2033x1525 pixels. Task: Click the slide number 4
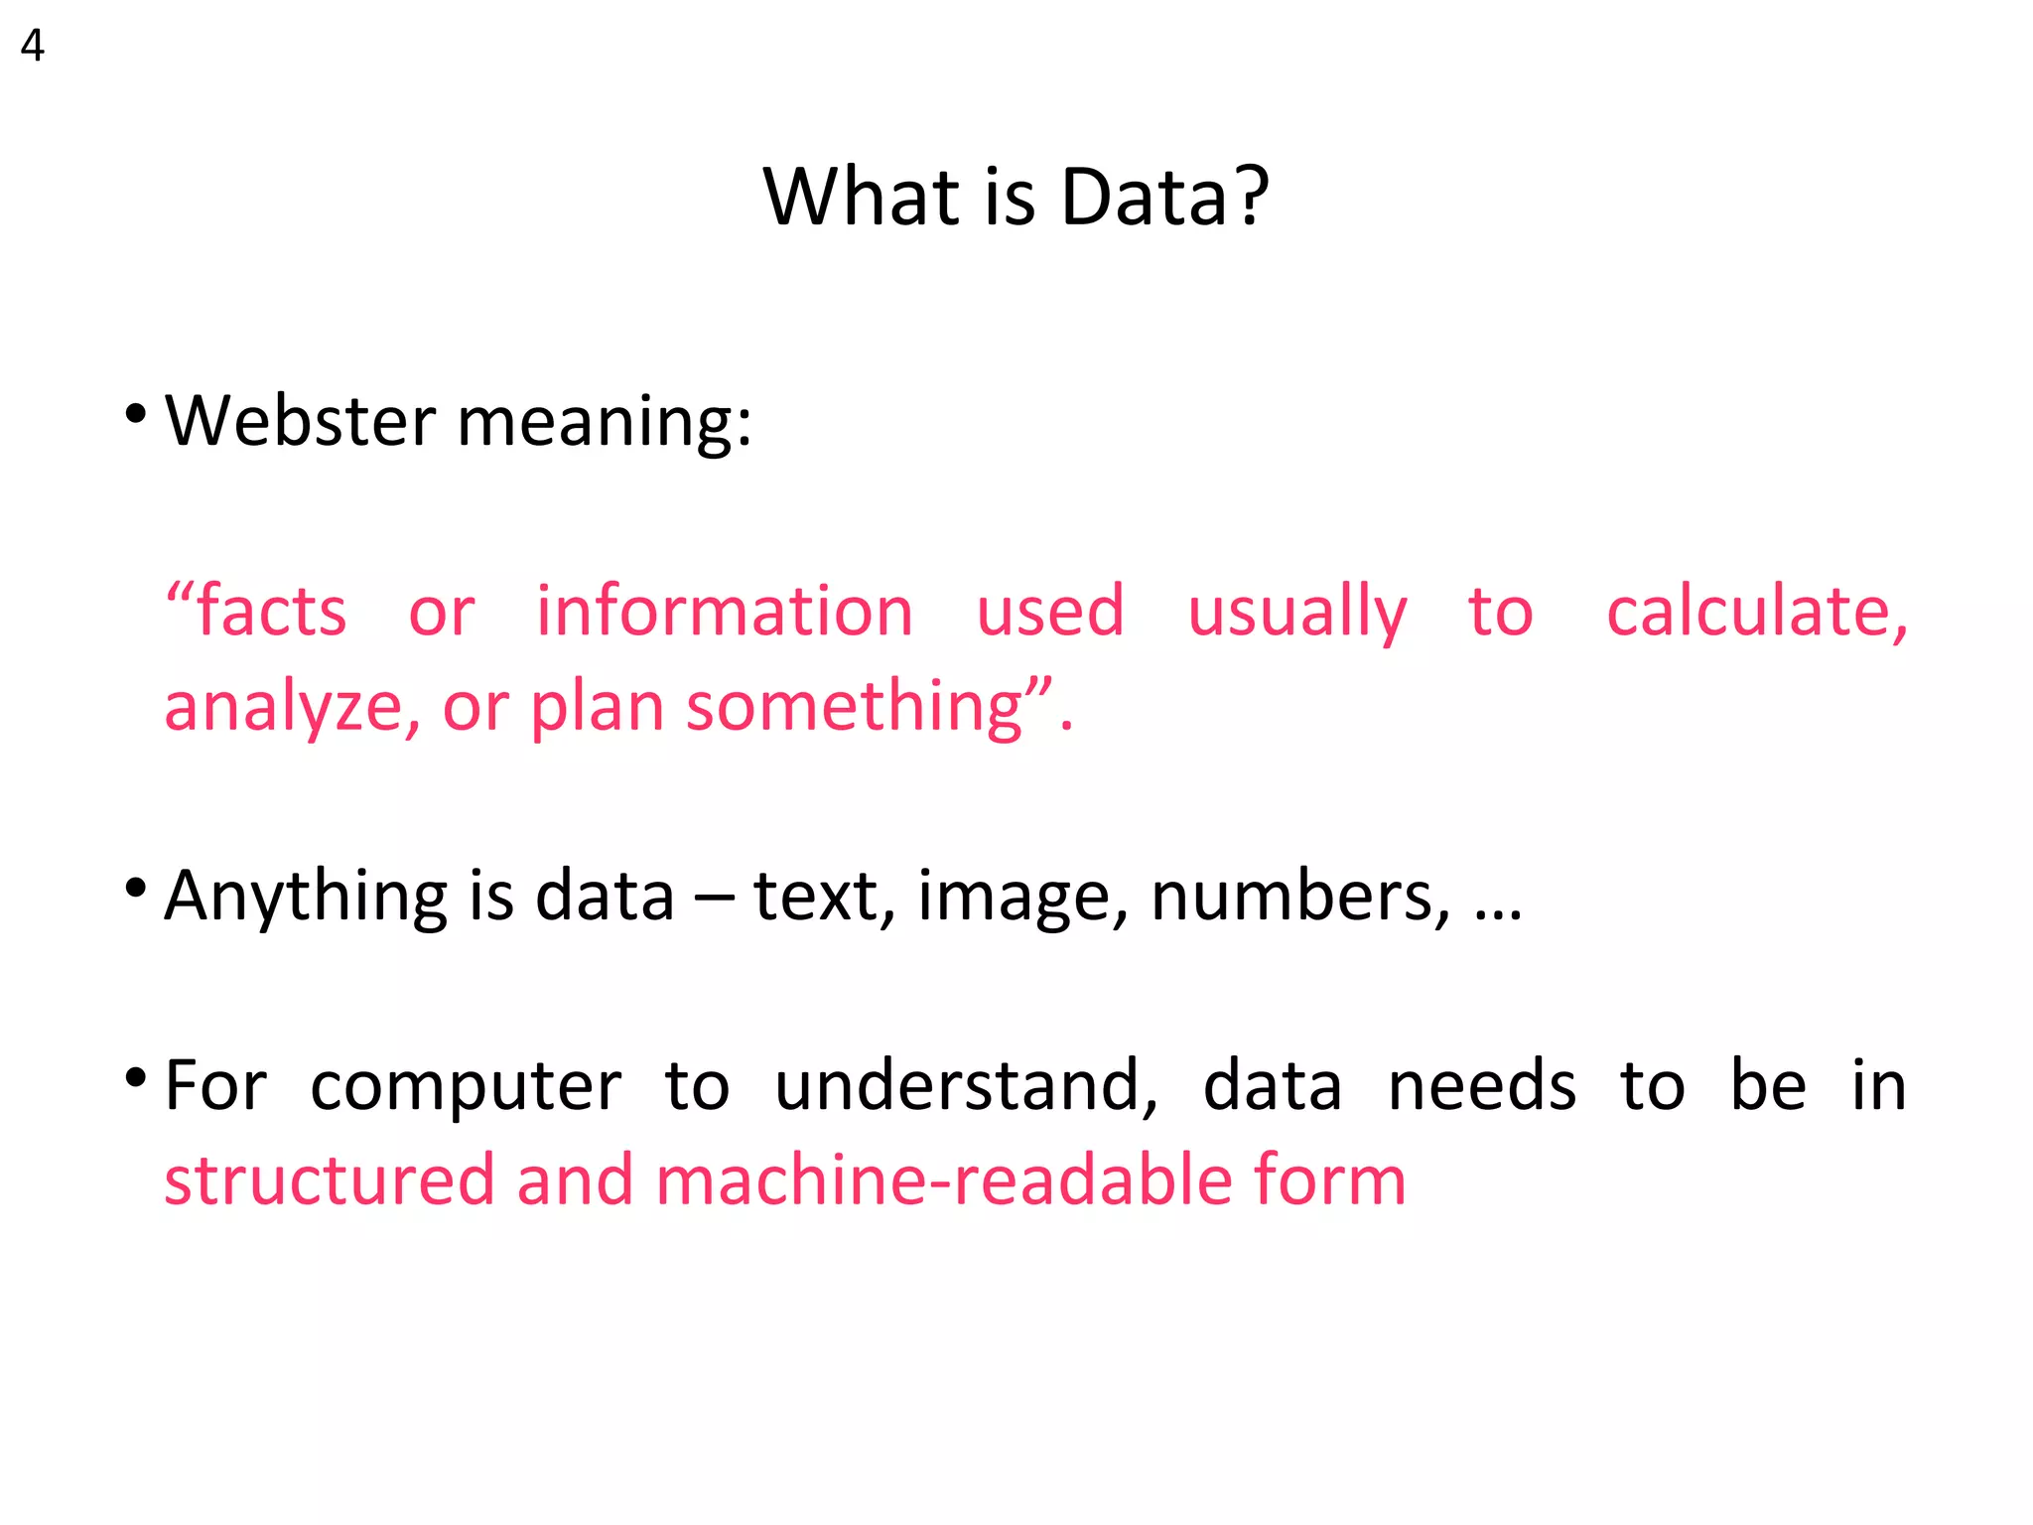[32, 47]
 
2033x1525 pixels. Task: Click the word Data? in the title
[1164, 197]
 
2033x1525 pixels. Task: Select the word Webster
[300, 421]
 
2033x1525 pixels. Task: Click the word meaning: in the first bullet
[605, 423]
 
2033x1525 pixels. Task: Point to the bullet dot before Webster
[136, 412]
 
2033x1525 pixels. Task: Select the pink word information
[725, 611]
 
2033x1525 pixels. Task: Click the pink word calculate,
[1756, 611]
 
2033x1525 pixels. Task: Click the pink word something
[855, 708]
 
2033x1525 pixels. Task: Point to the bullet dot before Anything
[136, 887]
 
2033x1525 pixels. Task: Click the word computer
[466, 1086]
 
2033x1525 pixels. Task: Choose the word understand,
[966, 1086]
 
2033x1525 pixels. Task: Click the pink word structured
[330, 1179]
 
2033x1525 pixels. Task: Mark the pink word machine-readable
[943, 1179]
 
